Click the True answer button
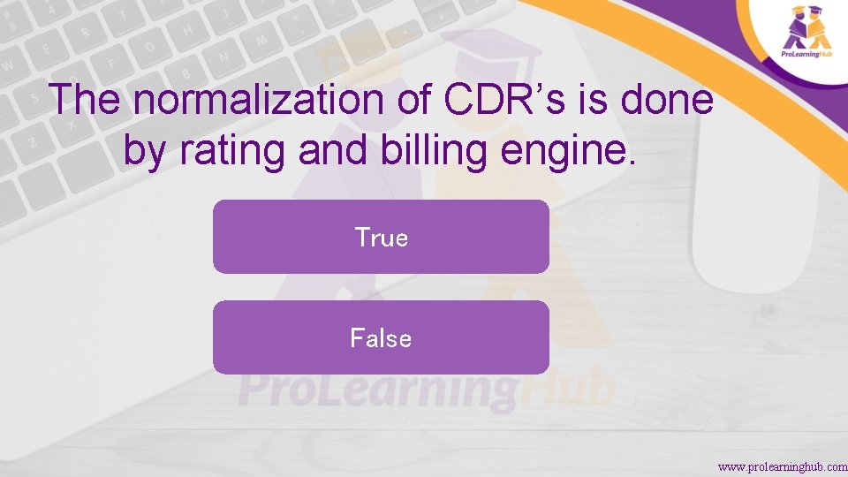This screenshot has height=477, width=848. [381, 237]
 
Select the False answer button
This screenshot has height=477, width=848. [381, 337]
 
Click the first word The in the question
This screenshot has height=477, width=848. [86, 100]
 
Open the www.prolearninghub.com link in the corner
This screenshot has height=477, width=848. [782, 466]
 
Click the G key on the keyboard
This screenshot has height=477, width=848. [151, 46]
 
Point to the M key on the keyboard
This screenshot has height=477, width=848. [261, 39]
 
